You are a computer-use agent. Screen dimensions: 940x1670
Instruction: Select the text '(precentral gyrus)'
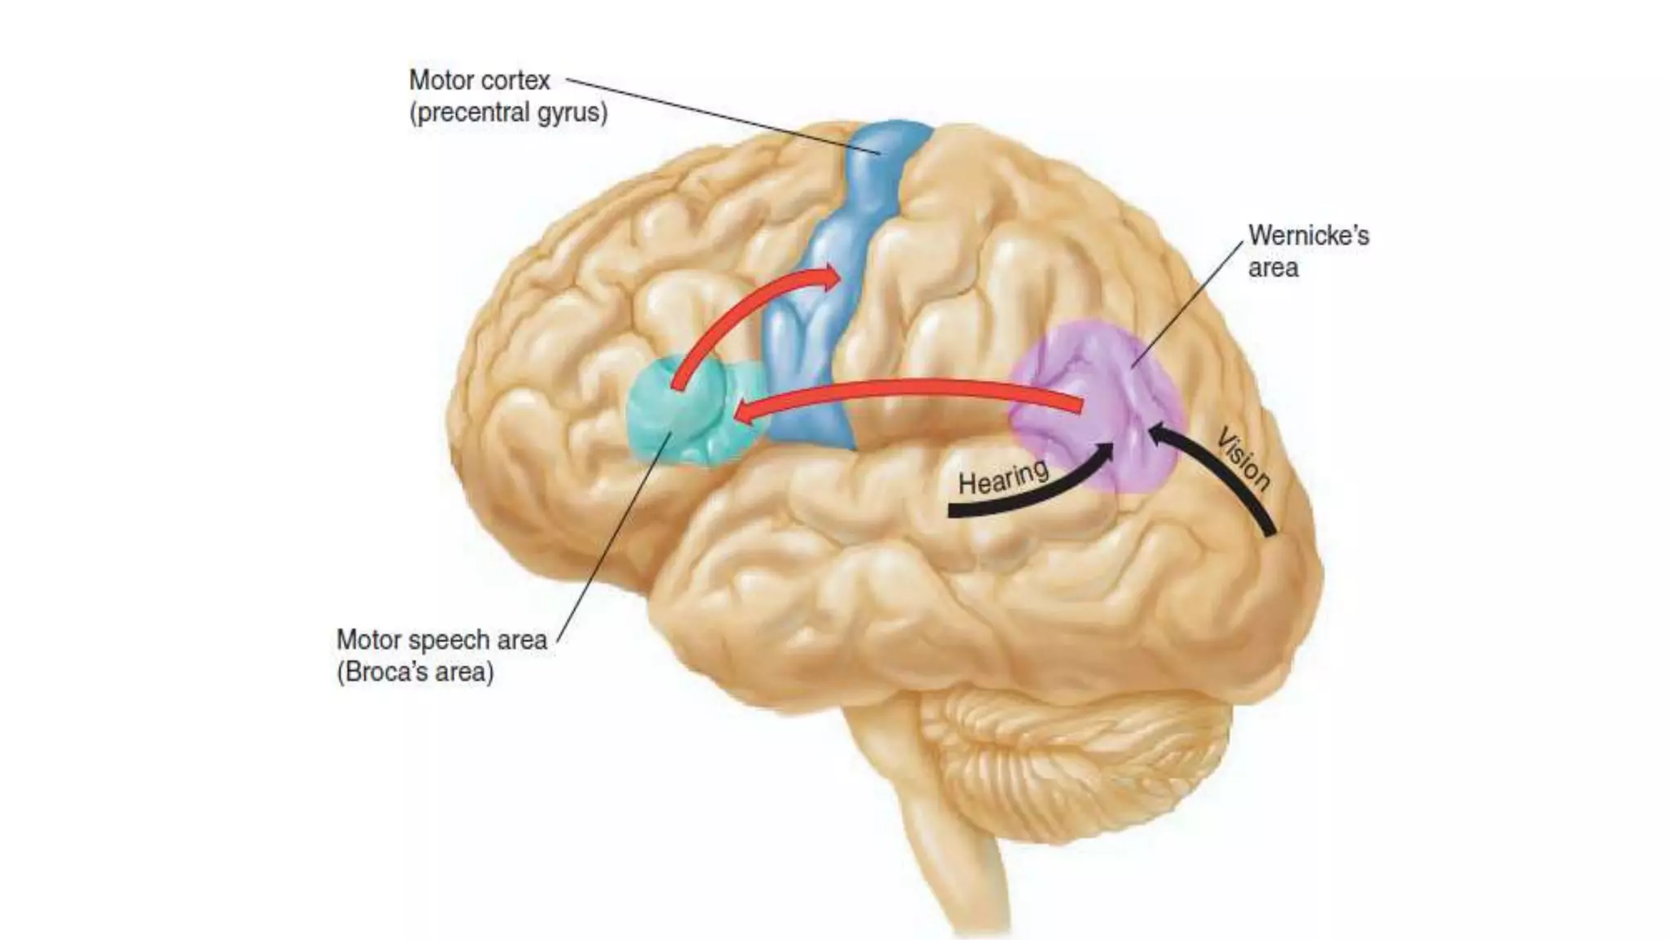click(508, 113)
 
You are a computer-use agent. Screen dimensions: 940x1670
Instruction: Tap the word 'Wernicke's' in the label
click(1308, 236)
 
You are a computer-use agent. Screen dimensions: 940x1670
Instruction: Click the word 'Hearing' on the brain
click(1002, 477)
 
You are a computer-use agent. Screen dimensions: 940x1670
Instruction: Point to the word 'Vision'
click(1244, 459)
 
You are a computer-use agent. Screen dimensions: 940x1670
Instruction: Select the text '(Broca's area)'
click(415, 672)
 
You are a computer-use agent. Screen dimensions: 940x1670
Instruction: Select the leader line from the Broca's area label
click(612, 539)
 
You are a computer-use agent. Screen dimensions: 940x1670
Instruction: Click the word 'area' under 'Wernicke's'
click(1273, 268)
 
